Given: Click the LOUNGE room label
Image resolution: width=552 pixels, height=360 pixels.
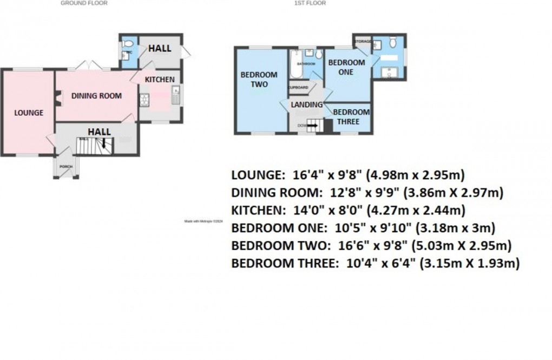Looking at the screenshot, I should tap(29, 113).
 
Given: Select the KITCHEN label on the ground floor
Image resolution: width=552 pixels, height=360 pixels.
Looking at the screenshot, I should tap(159, 80).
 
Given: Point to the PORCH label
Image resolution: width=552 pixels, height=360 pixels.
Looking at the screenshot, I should tap(66, 166).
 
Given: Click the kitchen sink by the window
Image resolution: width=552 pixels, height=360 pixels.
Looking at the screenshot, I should tap(175, 97).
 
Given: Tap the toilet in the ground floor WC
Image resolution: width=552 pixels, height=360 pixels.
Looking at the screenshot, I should tap(126, 43).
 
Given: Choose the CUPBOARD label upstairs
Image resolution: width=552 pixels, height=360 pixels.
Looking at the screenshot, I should tap(298, 88).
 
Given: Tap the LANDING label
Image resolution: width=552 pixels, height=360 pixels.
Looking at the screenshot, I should tap(306, 104).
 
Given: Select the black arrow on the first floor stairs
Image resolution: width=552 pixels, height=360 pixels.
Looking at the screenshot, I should tap(313, 126).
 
